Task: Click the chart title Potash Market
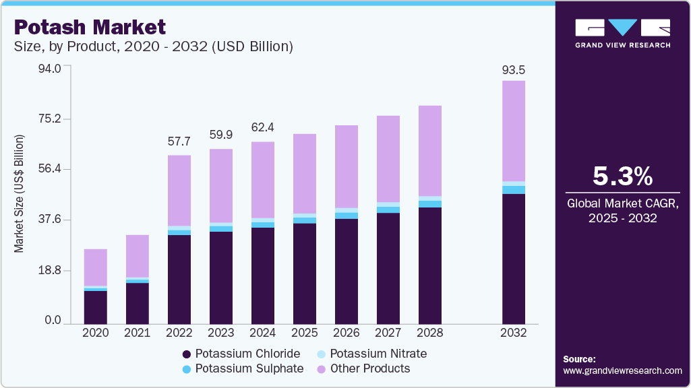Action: point(90,27)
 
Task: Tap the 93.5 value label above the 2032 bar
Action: point(514,70)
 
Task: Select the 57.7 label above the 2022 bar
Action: point(179,142)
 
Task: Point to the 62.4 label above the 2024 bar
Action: point(263,129)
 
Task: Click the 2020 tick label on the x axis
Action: point(95,333)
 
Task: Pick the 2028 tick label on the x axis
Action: point(430,333)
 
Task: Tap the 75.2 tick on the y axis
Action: point(49,119)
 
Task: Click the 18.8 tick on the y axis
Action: point(49,270)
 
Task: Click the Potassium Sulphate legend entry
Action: point(243,368)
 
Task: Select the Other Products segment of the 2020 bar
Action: point(95,267)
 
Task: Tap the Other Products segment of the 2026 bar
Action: point(347,166)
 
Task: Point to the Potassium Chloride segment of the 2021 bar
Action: point(137,303)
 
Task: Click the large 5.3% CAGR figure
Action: point(622,176)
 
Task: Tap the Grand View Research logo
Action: point(622,33)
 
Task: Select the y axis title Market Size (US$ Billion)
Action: point(19,194)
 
